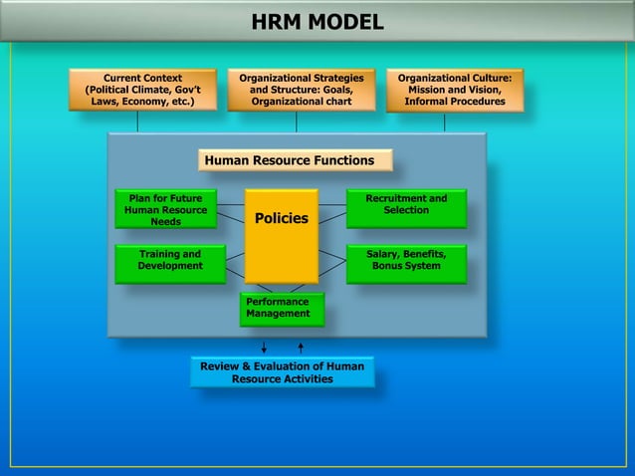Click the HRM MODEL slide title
317,22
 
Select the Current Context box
142,89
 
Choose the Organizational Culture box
454,89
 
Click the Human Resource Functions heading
296,160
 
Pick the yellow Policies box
282,235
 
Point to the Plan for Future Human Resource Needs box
165,209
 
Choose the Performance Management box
281,308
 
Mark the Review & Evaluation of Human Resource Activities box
282,372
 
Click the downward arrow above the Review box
264,347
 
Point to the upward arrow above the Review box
301,347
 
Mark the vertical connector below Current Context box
137,120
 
